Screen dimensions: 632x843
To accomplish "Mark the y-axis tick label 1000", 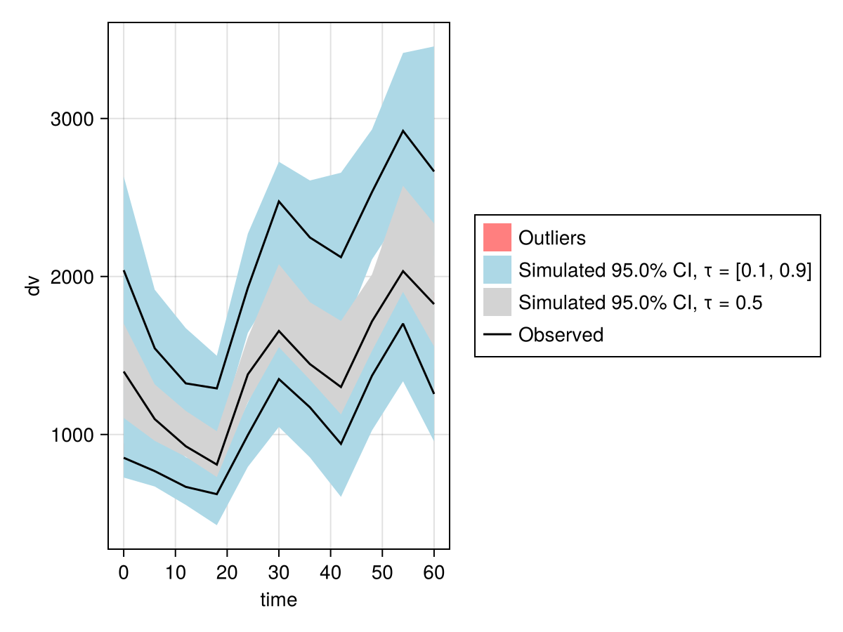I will (74, 435).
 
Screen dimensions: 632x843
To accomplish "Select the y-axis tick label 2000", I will (74, 277).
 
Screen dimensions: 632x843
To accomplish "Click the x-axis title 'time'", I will (278, 600).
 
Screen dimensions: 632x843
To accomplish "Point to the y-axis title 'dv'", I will (32, 286).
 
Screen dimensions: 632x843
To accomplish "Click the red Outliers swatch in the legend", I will (497, 237).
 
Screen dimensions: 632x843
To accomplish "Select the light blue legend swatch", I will (497, 270).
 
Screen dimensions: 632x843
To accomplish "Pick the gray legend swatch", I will (497, 303).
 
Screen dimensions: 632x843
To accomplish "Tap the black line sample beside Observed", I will (497, 335).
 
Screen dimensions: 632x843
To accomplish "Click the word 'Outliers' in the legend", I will (551, 238).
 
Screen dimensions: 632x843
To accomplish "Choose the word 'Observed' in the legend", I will (561, 335).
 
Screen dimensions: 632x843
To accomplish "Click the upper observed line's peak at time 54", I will (403, 131).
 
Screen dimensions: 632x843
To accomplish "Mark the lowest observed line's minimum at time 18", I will (216, 494).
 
